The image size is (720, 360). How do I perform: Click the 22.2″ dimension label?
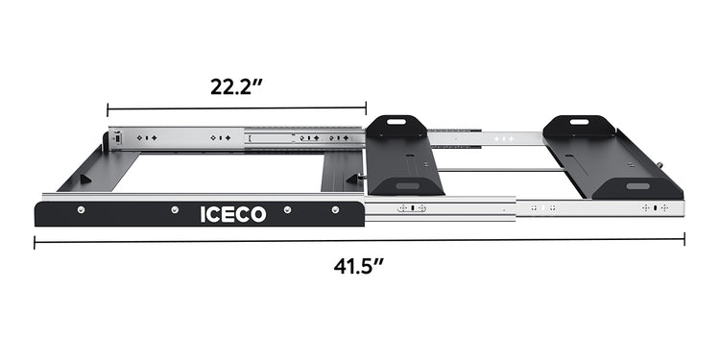[237, 85]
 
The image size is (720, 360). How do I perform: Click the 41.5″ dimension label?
[359, 266]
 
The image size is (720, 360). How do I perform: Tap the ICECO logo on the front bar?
[232, 214]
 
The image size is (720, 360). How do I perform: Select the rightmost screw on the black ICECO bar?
[335, 209]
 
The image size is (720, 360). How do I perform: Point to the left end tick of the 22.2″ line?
[108, 108]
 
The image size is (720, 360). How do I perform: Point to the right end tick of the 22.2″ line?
[366, 108]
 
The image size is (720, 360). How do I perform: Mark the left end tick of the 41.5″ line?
[35, 242]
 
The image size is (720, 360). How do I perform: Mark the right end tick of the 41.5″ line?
[684, 242]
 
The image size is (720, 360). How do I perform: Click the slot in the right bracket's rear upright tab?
[580, 122]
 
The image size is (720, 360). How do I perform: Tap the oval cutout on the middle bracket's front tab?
[407, 184]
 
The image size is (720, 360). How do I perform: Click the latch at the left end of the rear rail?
[114, 138]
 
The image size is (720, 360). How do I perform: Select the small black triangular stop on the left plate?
[86, 179]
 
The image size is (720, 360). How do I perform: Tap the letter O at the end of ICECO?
[257, 214]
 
